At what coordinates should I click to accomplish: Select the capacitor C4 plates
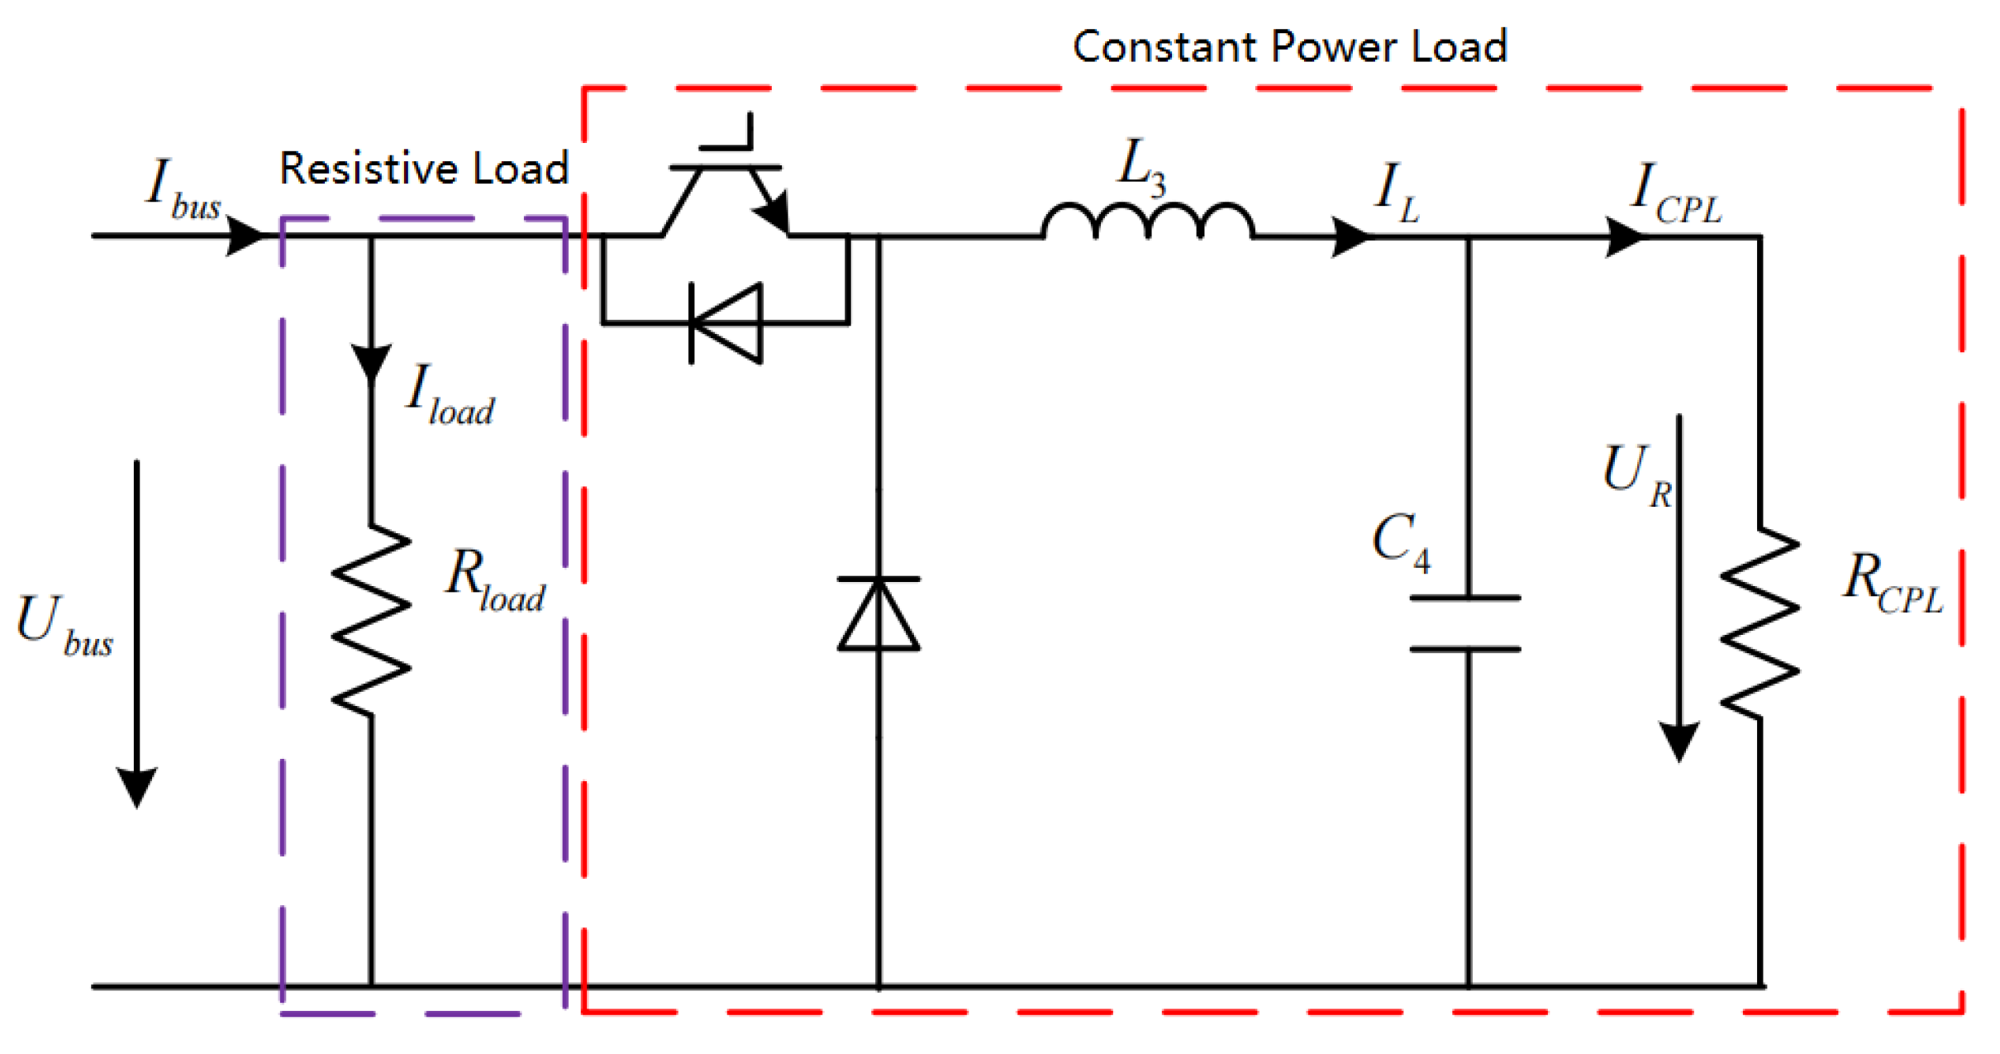click(1465, 624)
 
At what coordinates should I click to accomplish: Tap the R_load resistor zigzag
click(371, 620)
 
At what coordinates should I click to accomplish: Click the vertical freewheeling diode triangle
click(879, 616)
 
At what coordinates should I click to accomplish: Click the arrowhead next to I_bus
click(245, 236)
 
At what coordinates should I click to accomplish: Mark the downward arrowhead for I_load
click(371, 364)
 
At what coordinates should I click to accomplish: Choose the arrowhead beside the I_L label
click(1350, 237)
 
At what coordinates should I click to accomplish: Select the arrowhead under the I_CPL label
click(1624, 237)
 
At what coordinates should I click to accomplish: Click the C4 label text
click(1402, 541)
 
